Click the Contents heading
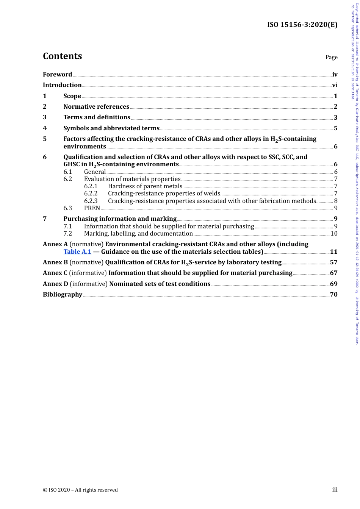[62, 56]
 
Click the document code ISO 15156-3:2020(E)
[302, 25]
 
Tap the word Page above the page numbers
[331, 57]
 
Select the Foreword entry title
[57, 74]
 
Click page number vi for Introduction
[335, 85]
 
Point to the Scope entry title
[72, 96]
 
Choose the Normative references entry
[96, 107]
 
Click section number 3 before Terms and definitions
[45, 117]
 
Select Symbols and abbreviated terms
[111, 128]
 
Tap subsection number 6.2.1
[91, 186]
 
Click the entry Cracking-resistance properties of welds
[164, 194]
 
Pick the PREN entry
[92, 208]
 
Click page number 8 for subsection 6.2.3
[336, 201]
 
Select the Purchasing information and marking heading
[120, 219]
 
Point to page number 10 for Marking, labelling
[334, 233]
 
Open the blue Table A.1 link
[77, 251]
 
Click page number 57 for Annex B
[333, 262]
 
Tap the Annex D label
[55, 284]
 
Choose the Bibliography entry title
[63, 294]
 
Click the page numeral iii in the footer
[335, 490]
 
